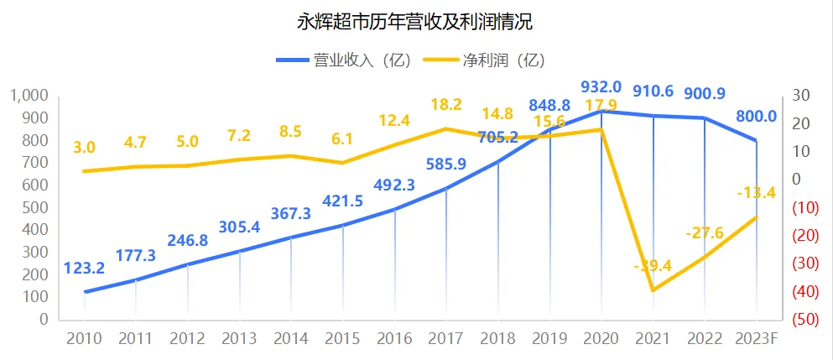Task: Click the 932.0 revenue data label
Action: pos(601,86)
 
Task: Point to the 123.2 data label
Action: pos(84,269)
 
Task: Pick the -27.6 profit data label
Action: pos(705,232)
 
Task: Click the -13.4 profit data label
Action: pos(755,194)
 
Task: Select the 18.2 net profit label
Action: pos(446,105)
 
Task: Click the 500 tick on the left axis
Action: pos(38,207)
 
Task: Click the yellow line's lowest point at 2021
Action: pos(653,290)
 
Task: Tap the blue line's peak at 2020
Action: pos(601,110)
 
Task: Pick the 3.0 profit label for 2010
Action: pos(84,148)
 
